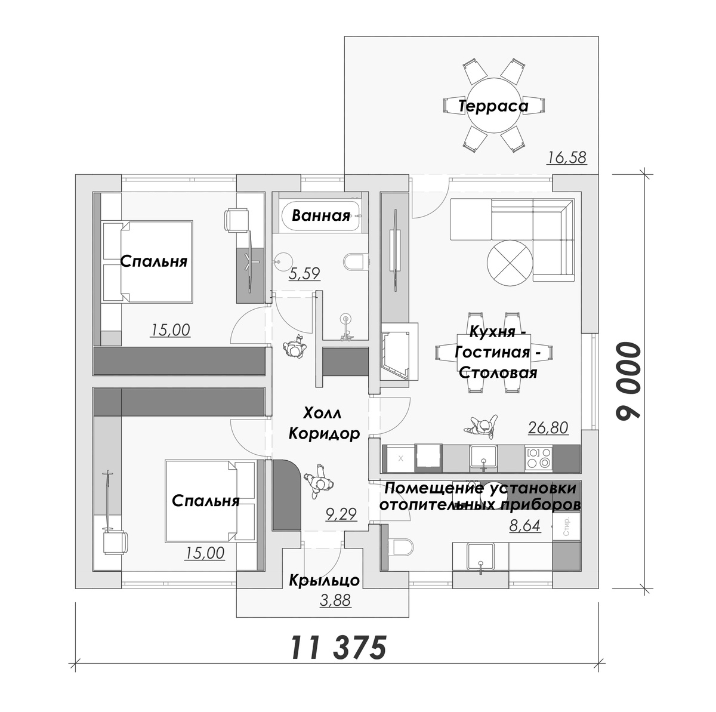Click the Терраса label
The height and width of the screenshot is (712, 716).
click(493, 106)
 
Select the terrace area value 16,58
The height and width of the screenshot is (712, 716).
click(567, 158)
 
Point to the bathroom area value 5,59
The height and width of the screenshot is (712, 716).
click(304, 274)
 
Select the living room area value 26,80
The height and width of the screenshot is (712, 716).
click(548, 428)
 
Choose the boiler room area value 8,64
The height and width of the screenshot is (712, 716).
click(524, 526)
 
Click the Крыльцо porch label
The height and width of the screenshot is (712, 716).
click(325, 581)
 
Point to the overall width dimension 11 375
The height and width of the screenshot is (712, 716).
click(338, 648)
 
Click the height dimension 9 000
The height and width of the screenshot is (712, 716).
click(628, 381)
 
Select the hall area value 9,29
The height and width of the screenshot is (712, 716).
click(341, 514)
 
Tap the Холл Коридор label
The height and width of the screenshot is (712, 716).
click(324, 424)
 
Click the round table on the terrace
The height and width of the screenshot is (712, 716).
click(493, 103)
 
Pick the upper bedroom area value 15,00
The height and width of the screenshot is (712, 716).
click(170, 330)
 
